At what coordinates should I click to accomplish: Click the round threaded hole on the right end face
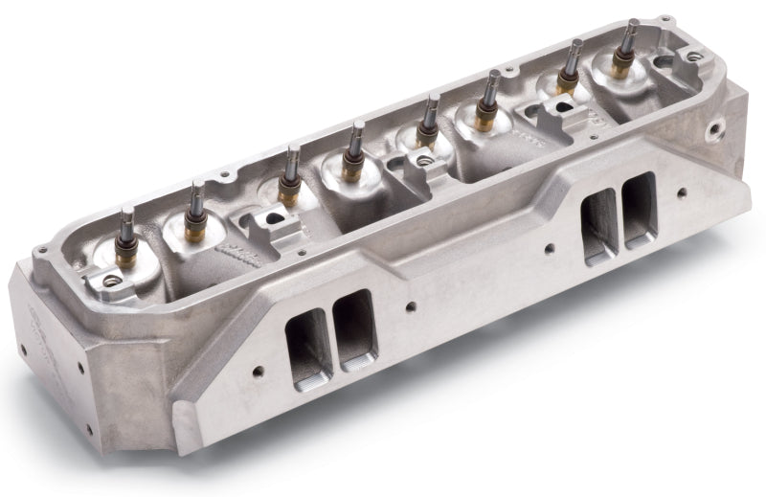(714, 127)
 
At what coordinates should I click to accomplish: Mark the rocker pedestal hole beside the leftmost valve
(112, 281)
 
